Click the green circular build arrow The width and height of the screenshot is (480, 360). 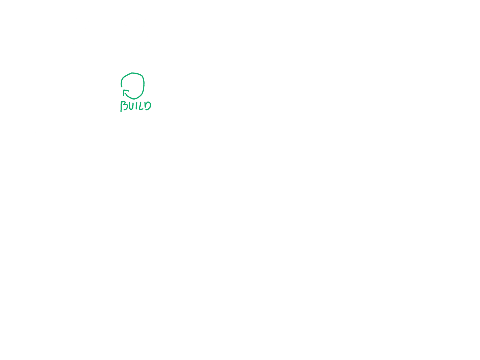point(133,85)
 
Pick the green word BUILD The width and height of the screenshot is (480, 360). point(136,106)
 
